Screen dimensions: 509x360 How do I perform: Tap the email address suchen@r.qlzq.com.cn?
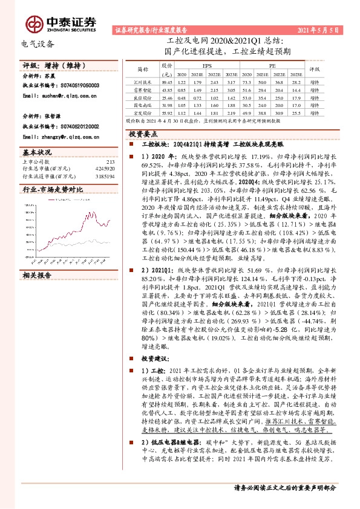click(x=61, y=96)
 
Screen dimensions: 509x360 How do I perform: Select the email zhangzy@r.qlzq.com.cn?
click(x=63, y=137)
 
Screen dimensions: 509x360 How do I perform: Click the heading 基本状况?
click(x=37, y=152)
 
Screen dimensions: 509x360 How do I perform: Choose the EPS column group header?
click(x=208, y=64)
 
